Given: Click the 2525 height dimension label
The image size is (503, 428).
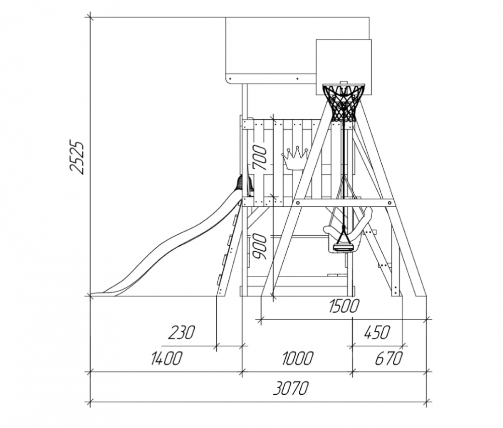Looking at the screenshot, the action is pyautogui.click(x=77, y=157).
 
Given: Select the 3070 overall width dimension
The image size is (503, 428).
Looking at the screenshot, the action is pyautogui.click(x=291, y=388).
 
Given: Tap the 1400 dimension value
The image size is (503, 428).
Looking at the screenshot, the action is pyautogui.click(x=166, y=359).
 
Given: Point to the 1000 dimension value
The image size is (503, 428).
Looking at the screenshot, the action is pyautogui.click(x=297, y=359).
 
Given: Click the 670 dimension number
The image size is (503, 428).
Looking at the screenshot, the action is pyautogui.click(x=388, y=359).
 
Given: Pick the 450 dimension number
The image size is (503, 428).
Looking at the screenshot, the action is pyautogui.click(x=377, y=332).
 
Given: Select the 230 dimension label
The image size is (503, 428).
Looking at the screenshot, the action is pyautogui.click(x=182, y=332).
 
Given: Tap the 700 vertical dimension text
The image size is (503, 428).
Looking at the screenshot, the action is pyautogui.click(x=260, y=157).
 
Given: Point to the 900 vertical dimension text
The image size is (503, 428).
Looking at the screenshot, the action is pyautogui.click(x=260, y=247).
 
